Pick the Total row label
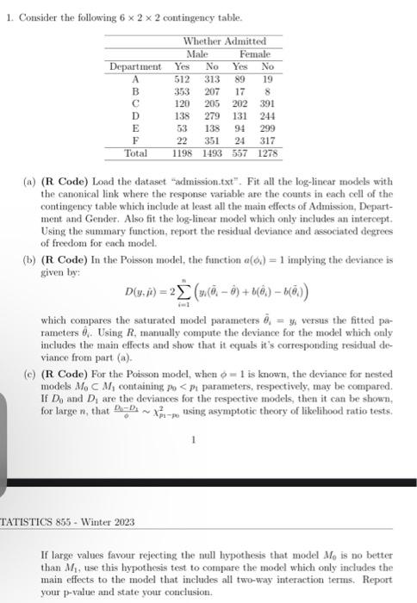click(x=136, y=152)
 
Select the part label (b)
click(x=30, y=258)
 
